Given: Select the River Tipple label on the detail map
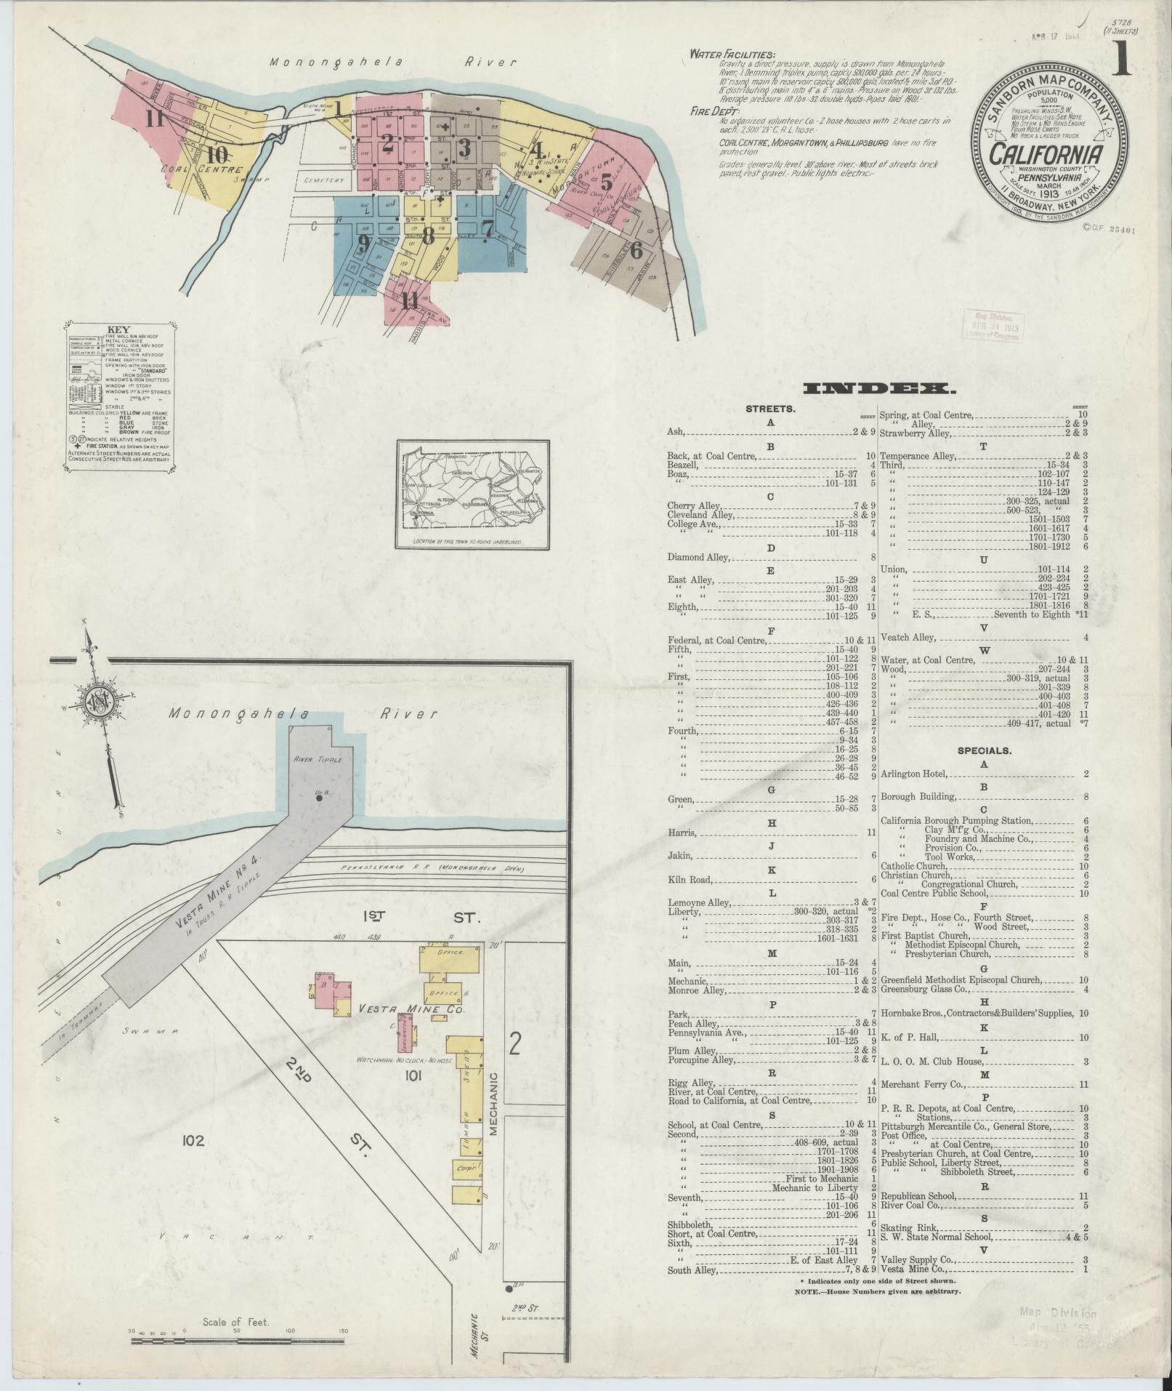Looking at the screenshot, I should click(x=312, y=758).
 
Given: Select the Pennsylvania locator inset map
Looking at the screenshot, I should click(x=472, y=494).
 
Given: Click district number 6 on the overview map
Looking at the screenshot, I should click(x=636, y=250).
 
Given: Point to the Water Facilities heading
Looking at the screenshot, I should click(x=732, y=54).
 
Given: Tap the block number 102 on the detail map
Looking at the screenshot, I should click(x=193, y=1141).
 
